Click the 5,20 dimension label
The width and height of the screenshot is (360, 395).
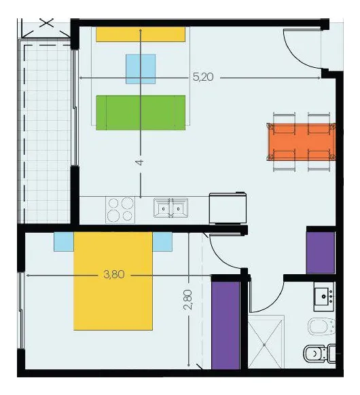pyautogui.click(x=203, y=77)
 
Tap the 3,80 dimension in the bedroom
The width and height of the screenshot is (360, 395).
pyautogui.click(x=114, y=274)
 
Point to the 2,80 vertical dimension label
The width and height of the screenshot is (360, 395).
pyautogui.click(x=188, y=300)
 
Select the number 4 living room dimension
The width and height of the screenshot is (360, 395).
pyautogui.click(x=139, y=162)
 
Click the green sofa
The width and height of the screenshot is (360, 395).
pyautogui.click(x=141, y=113)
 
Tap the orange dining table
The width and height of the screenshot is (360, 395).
pyautogui.click(x=302, y=142)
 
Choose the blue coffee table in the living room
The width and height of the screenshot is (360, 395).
pyautogui.click(x=141, y=69)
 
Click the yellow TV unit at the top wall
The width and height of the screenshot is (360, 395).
pyautogui.click(x=141, y=35)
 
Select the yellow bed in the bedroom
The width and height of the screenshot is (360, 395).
pyautogui.click(x=113, y=281)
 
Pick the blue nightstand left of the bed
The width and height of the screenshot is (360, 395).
pyautogui.click(x=64, y=242)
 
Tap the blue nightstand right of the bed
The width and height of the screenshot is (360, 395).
pyautogui.click(x=162, y=242)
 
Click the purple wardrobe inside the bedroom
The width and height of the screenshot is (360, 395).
pyautogui.click(x=226, y=326)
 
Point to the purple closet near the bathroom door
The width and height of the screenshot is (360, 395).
pyautogui.click(x=321, y=252)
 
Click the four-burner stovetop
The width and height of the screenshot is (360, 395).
pyautogui.click(x=120, y=210)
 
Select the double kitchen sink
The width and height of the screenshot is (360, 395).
pyautogui.click(x=171, y=208)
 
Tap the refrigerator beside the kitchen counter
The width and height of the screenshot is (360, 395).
pyautogui.click(x=228, y=208)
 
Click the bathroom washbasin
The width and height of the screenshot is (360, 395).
pyautogui.click(x=324, y=297)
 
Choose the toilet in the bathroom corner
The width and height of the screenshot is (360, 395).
pyautogui.click(x=320, y=354)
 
